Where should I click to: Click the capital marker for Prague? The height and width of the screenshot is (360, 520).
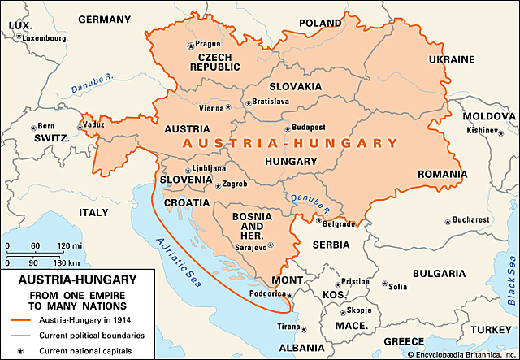point(192,45)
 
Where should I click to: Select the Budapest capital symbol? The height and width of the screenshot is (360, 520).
point(286,128)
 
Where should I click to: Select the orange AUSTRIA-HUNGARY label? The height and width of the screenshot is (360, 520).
point(291,143)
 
